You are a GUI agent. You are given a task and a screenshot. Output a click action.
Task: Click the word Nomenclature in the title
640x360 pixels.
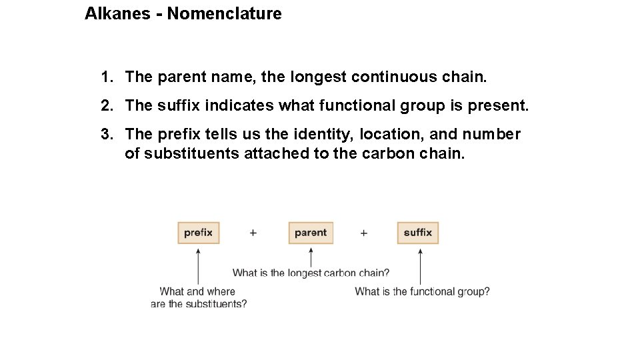[x=224, y=13]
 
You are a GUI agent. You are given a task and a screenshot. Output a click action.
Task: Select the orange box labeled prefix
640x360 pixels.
[x=198, y=233]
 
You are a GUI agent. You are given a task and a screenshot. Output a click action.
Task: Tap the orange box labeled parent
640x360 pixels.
[x=311, y=233]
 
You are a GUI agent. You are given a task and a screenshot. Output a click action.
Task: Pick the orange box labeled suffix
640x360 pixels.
[x=418, y=233]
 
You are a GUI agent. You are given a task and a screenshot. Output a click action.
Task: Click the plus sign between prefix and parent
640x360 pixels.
[x=253, y=233]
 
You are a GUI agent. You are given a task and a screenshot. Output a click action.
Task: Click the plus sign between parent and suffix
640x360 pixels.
[x=364, y=233]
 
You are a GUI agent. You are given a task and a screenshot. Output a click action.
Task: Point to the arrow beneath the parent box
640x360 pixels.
[x=311, y=256]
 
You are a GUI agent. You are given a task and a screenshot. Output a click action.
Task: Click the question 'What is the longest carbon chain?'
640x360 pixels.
[x=311, y=273]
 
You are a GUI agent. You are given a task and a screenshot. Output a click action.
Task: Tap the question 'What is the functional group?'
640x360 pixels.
[x=422, y=291]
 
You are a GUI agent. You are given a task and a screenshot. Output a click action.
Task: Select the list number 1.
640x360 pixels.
[x=107, y=77]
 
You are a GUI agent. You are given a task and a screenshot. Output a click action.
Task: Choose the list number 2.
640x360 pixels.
[x=107, y=106]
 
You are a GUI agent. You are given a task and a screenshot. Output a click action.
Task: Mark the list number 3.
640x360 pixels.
[x=107, y=135]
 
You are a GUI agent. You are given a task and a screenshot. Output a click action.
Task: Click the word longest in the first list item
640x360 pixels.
[x=318, y=77]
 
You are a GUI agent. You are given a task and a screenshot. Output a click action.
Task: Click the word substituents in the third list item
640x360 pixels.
[x=181, y=154]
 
